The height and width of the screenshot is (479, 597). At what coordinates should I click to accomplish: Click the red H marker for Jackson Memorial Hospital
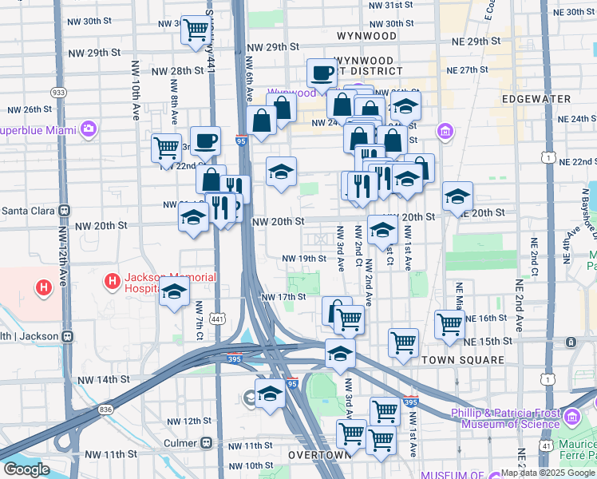[113, 282]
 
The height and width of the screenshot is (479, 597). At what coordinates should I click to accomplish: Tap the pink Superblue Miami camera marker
[87, 129]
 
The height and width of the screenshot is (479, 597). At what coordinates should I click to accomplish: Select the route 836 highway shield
[106, 410]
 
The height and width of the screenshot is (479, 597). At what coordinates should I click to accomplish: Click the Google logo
[26, 469]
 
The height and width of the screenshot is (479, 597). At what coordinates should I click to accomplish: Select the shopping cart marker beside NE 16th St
[450, 324]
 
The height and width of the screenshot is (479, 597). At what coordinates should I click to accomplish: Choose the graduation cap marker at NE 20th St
[457, 196]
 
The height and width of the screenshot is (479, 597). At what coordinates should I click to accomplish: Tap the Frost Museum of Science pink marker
[572, 415]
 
